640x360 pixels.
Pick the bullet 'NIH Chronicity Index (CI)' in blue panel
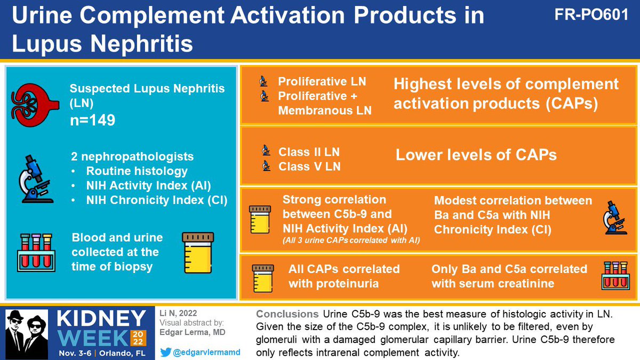coord(157,201)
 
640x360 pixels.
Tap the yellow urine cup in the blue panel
coord(198,253)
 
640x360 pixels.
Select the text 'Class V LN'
coord(309,166)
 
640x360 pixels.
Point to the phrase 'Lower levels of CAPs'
coord(476,155)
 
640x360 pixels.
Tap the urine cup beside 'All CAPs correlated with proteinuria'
coord(262,277)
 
